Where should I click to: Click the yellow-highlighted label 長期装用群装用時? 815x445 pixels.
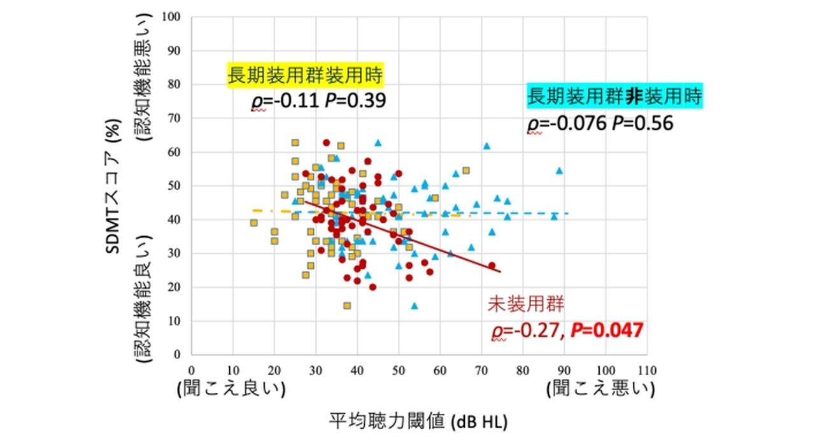306,76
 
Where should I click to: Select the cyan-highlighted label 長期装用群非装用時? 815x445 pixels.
614,97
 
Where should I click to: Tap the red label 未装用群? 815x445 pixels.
525,304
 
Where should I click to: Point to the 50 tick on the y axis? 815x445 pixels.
176,186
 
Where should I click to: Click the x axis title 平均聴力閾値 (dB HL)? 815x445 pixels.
419,421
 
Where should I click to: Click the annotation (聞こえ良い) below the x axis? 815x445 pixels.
230,390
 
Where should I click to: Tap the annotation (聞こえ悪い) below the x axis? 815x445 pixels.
600,390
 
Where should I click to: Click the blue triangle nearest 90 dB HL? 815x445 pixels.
559,171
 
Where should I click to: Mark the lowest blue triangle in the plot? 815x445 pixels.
415,306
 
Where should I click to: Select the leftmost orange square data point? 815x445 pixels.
254,223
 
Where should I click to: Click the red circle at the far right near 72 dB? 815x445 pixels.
492,265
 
